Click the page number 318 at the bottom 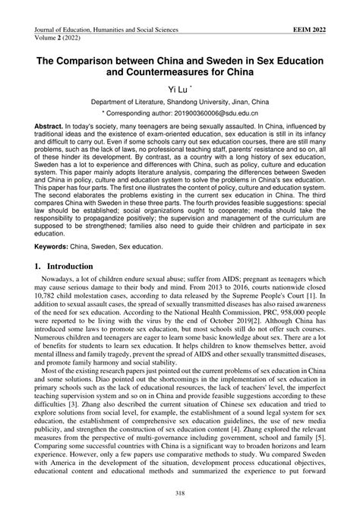(x=179, y=494)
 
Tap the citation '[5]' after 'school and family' (x=325, y=438)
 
